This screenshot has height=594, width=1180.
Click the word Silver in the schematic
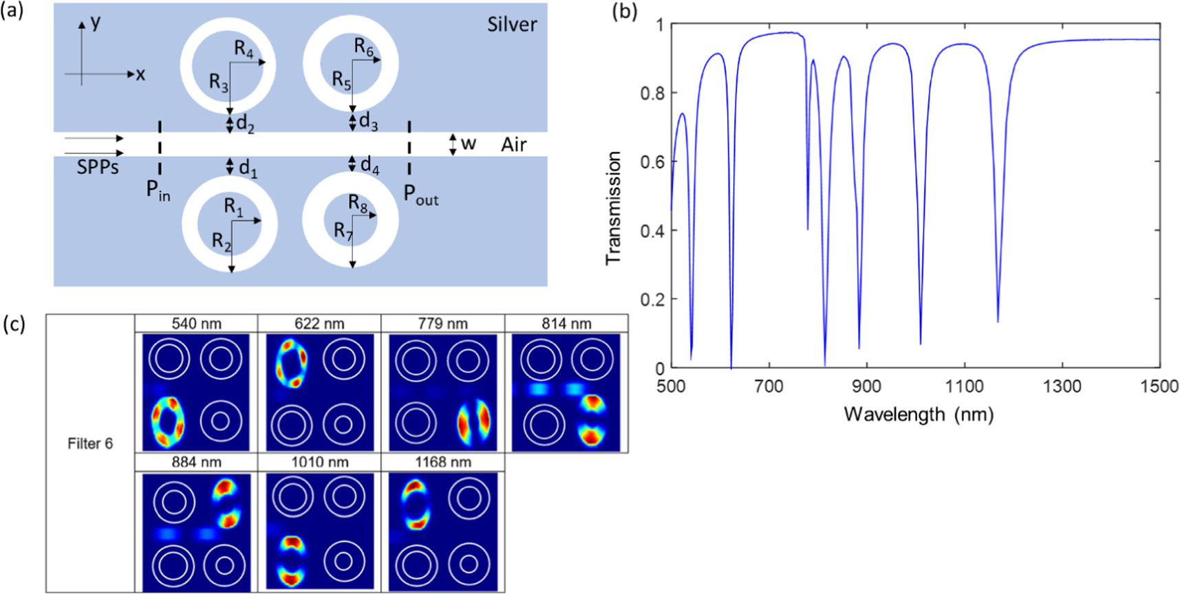(x=512, y=25)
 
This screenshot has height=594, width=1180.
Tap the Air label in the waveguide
(x=514, y=144)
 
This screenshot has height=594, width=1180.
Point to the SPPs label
(x=98, y=167)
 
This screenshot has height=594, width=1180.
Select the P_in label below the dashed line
(x=158, y=191)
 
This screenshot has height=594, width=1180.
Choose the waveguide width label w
(x=469, y=144)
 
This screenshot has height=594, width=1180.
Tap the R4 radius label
(x=244, y=49)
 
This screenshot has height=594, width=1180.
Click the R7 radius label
(x=343, y=231)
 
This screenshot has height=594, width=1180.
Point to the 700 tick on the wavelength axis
(x=769, y=386)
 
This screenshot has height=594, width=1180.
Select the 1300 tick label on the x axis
(x=1062, y=386)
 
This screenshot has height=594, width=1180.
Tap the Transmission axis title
(x=613, y=208)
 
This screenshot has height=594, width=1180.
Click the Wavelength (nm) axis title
(x=919, y=415)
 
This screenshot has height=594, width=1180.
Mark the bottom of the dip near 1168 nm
(x=998, y=321)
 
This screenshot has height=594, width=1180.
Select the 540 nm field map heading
(x=196, y=323)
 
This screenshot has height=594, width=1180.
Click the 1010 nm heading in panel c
(x=319, y=462)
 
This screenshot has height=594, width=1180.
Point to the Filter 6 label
(x=90, y=443)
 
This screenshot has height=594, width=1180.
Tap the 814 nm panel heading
(x=566, y=323)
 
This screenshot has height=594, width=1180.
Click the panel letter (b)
(x=624, y=12)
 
